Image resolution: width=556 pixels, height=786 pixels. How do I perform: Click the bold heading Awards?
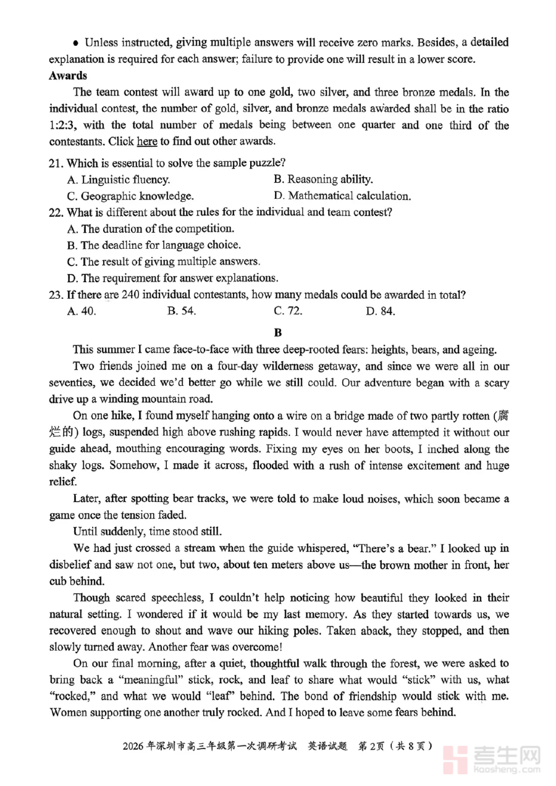click(68, 76)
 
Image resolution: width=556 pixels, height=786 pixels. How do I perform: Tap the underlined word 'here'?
click(146, 141)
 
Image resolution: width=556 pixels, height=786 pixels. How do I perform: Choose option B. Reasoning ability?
click(323, 180)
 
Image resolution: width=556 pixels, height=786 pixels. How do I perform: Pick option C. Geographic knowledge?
click(130, 196)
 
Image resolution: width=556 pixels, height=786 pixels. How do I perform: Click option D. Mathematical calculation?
click(342, 196)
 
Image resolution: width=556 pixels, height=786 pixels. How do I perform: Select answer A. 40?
click(81, 311)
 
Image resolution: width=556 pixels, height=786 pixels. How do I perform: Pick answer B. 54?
click(182, 311)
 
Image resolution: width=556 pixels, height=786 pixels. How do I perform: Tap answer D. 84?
click(380, 311)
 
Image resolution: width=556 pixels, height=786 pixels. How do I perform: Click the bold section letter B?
click(278, 333)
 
